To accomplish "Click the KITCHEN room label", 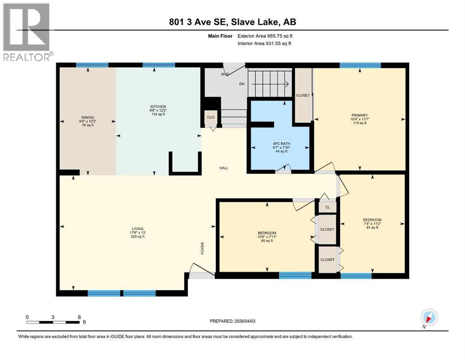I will pyautogui.click(x=158, y=107).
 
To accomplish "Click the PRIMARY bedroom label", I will pyautogui.click(x=360, y=115).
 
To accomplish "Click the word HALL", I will pyautogui.click(x=224, y=168).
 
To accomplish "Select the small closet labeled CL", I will pyautogui.click(x=327, y=206).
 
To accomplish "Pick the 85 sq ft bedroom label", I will pyautogui.click(x=266, y=233).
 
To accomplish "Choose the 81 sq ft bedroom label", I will pyautogui.click(x=372, y=220).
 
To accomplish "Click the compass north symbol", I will pyautogui.click(x=428, y=317).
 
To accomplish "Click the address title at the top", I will pyautogui.click(x=232, y=22).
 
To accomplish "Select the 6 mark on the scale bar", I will pyautogui.click(x=79, y=317).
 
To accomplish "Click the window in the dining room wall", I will pyautogui.click(x=92, y=65).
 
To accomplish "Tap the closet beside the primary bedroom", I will pyautogui.click(x=303, y=95).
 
